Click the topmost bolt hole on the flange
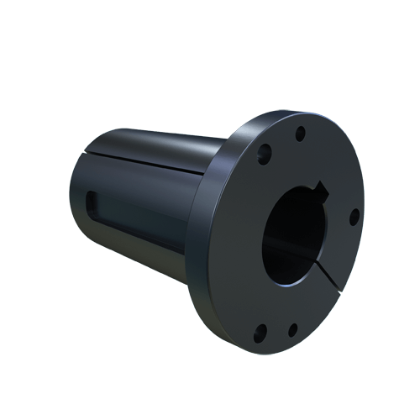click(298, 132)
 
